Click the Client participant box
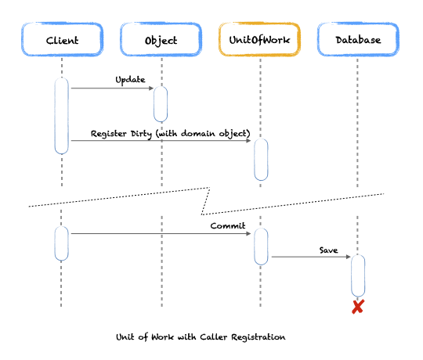pyautogui.click(x=62, y=39)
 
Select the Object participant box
pyautogui.click(x=161, y=39)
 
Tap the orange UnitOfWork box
pyautogui.click(x=259, y=39)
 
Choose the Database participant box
pyautogui.click(x=358, y=39)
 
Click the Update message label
pyautogui.click(x=130, y=80)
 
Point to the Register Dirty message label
pyautogui.click(x=170, y=134)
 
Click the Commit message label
pyautogui.click(x=228, y=225)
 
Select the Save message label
pyautogui.click(x=328, y=250)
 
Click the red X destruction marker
pyautogui.click(x=358, y=307)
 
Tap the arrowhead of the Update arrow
pyautogui.click(x=151, y=88)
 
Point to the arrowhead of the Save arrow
pyautogui.click(x=349, y=257)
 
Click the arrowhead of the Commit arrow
pyautogui.click(x=248, y=234)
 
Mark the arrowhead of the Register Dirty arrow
pyautogui.click(x=248, y=141)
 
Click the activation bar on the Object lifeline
pyautogui.click(x=161, y=104)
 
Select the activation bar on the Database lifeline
pyautogui.click(x=358, y=275)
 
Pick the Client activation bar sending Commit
pyautogui.click(x=62, y=243)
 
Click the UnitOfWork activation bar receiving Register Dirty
pyautogui.click(x=261, y=160)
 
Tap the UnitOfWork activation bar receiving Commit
pyautogui.click(x=261, y=247)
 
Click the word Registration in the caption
pyautogui.click(x=258, y=337)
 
